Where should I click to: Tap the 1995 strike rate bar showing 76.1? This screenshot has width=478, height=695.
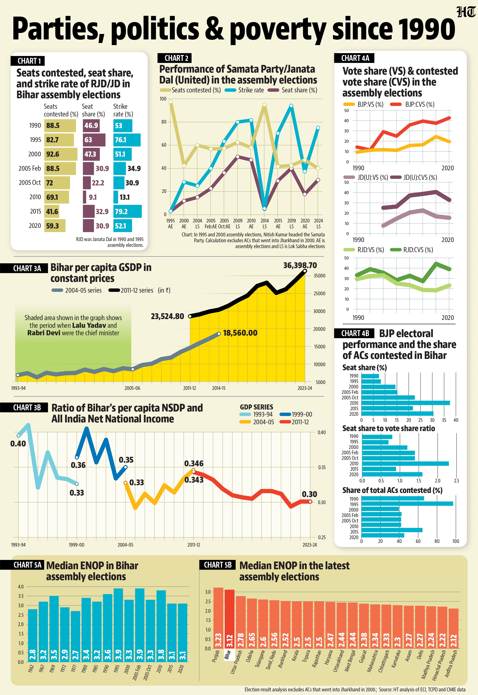coord(127,140)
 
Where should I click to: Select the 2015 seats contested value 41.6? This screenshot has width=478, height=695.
coord(52,212)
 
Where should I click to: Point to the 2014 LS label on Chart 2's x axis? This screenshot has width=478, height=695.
coord(265,223)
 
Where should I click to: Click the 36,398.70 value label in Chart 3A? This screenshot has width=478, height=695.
coord(300,265)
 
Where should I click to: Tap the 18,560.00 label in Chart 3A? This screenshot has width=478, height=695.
coord(240,333)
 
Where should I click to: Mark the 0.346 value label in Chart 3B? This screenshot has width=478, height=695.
coord(194,463)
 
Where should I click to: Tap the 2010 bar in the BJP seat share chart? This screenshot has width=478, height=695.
coord(405,403)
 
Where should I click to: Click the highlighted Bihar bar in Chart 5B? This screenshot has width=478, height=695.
coord(229,619)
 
